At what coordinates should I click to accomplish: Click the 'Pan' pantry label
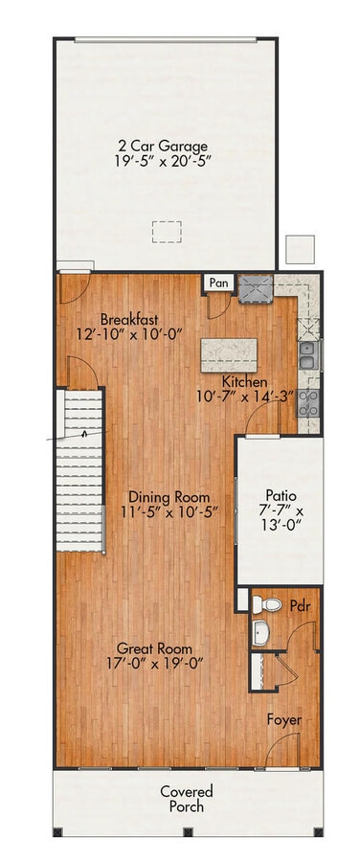(219, 284)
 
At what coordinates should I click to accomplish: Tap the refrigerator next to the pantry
(257, 287)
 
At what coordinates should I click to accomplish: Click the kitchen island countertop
(229, 354)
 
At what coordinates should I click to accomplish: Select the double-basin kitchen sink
(308, 355)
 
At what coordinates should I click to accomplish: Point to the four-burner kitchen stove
(308, 401)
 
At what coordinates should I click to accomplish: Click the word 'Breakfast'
(130, 319)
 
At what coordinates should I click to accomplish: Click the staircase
(84, 469)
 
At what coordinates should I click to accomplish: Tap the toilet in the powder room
(267, 604)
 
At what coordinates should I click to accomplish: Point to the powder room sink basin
(261, 633)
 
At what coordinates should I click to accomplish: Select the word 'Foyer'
(284, 718)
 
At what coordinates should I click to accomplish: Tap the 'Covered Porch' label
(187, 799)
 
